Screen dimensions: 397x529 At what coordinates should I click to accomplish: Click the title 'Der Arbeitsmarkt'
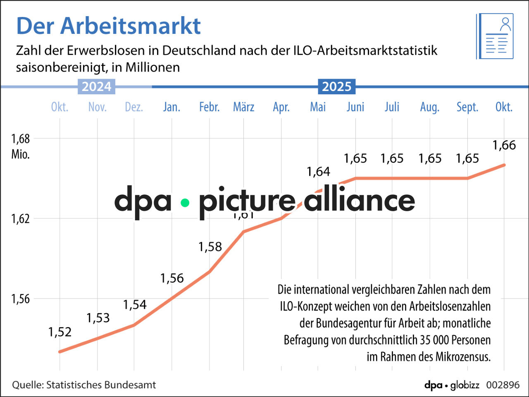tap(108, 26)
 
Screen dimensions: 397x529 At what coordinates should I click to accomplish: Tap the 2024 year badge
tap(96, 86)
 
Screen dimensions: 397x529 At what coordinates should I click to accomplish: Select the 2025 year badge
tap(336, 86)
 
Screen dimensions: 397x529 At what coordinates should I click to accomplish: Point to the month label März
tap(243, 107)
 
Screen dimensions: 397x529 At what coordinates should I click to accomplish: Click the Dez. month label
tap(134, 107)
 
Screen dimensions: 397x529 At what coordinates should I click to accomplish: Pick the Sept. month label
tap(467, 107)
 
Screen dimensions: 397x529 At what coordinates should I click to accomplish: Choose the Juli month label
tap(392, 107)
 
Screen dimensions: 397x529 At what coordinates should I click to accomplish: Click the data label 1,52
tap(60, 332)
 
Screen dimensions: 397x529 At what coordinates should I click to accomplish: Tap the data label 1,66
tap(504, 145)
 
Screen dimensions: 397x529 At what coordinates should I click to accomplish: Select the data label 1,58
tap(210, 247)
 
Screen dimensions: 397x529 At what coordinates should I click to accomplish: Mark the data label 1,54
tap(135, 305)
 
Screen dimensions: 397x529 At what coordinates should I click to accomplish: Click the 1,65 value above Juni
tap(355, 158)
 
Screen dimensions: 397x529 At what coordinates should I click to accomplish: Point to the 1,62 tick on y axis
tap(20, 218)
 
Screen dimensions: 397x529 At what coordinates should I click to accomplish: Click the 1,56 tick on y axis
tap(20, 299)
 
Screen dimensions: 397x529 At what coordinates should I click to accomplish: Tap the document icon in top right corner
tap(495, 36)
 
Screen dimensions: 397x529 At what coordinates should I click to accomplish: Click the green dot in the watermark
tap(185, 203)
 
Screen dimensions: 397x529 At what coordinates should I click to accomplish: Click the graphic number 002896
tap(503, 385)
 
